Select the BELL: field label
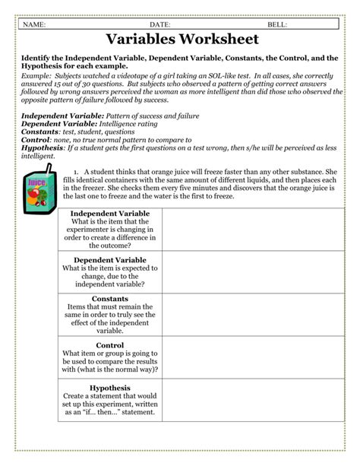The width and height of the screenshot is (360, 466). click(x=277, y=25)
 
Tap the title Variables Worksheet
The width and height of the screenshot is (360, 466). click(x=179, y=40)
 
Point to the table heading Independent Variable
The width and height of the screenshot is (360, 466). click(x=110, y=214)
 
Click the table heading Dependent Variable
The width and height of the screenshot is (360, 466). click(x=110, y=260)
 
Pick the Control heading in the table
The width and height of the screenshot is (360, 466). click(x=110, y=345)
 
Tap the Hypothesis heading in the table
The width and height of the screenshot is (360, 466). click(x=110, y=388)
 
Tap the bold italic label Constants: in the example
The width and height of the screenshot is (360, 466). click(x=45, y=130)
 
